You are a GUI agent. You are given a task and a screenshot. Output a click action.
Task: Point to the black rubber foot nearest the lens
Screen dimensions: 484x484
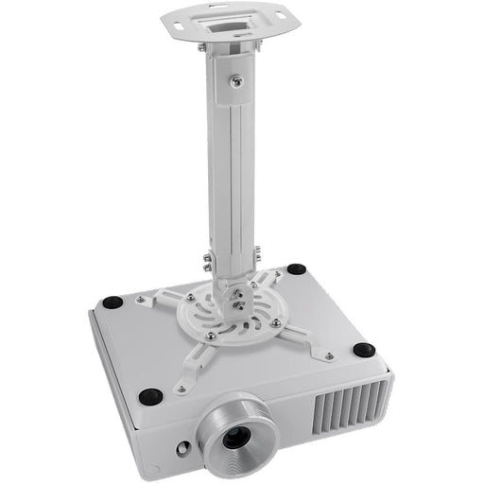pyautogui.click(x=149, y=396)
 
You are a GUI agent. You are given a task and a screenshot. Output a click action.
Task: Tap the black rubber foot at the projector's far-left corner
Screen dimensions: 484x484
pyautogui.click(x=112, y=302)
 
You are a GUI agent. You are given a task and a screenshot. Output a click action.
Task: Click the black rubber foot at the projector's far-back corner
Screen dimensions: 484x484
pyautogui.click(x=296, y=269)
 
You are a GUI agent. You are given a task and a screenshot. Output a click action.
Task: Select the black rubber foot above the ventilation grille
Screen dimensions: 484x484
pyautogui.click(x=363, y=350)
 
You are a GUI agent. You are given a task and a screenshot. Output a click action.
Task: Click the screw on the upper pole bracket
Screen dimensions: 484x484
pyautogui.click(x=234, y=82)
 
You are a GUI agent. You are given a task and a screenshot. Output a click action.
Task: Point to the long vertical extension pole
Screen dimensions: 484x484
pyautogui.click(x=230, y=170)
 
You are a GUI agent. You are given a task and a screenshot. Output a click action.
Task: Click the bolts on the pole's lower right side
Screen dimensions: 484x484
pyautogui.click(x=256, y=255)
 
